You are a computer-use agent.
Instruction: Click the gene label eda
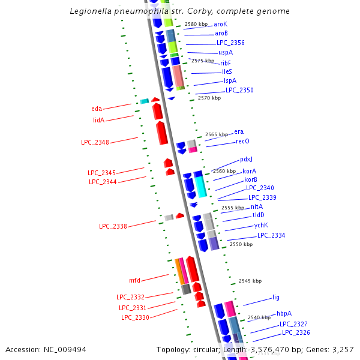click(x=97, y=109)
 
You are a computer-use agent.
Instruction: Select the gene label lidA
click(x=98, y=120)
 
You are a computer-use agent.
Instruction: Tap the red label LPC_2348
click(x=95, y=142)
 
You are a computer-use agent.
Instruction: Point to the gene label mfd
click(x=134, y=280)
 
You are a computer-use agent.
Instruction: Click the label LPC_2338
click(x=113, y=226)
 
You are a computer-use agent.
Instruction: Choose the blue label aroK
click(x=221, y=24)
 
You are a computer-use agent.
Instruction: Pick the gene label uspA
click(x=226, y=53)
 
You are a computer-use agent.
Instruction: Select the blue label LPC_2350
click(x=239, y=90)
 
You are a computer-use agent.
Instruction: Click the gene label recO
click(x=242, y=141)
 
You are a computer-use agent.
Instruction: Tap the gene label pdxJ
click(x=246, y=159)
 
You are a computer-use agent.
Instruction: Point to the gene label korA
click(x=250, y=171)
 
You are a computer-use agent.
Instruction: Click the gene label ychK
click(x=261, y=225)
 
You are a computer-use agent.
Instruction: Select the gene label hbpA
click(x=284, y=313)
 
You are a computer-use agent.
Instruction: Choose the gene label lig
click(x=276, y=297)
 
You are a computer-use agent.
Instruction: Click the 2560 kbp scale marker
click(x=224, y=172)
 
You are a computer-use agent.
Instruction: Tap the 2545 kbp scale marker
click(x=250, y=281)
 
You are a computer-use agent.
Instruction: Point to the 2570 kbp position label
click(x=209, y=98)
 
